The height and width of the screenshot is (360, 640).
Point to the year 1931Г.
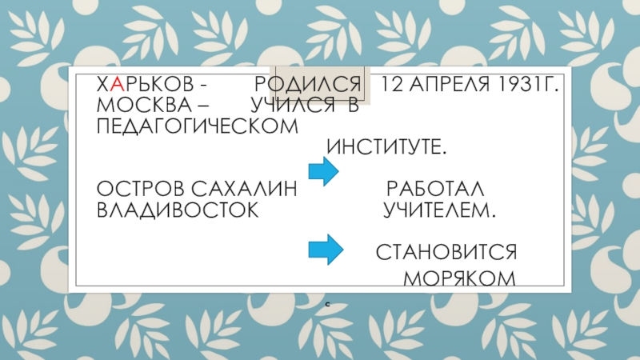click(523, 85)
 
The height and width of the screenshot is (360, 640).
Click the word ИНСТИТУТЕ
click(387, 149)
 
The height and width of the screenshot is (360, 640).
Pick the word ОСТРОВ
click(136, 190)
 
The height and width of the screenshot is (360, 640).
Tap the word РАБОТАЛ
click(436, 190)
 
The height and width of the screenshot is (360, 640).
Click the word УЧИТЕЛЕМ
click(438, 210)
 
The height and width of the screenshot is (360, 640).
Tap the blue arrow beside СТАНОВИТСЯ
click(324, 249)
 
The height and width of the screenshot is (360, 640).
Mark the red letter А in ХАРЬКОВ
click(117, 85)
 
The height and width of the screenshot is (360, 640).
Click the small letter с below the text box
click(328, 306)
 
